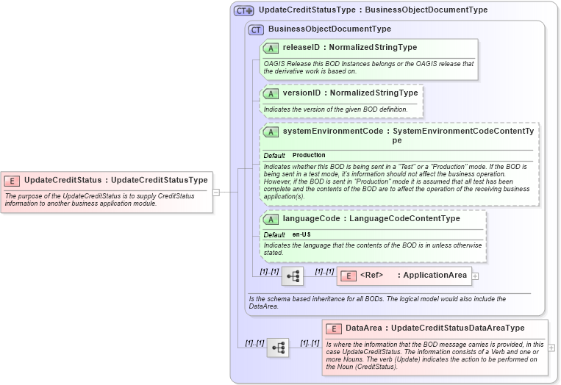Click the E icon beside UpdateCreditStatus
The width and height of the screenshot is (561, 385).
coord(12,180)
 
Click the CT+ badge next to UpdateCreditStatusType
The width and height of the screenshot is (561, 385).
coord(244,11)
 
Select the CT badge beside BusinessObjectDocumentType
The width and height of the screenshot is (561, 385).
coord(256,29)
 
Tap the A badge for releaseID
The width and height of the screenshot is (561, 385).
coord(271,48)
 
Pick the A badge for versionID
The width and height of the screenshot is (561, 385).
coord(271,93)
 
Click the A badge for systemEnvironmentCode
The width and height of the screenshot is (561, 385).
coord(271,132)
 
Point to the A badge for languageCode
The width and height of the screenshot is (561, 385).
coord(271,219)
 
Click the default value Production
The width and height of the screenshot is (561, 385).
coord(309,156)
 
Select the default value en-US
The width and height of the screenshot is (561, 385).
coord(301,234)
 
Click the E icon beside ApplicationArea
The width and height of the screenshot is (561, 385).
coord(347,276)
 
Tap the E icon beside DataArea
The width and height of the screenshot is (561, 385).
coord(334,328)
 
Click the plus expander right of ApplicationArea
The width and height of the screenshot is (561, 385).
coord(475,276)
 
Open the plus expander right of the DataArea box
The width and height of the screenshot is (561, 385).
coord(551,348)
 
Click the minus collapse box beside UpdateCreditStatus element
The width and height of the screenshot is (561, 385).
coord(216,192)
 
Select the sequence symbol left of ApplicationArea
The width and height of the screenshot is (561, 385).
coord(293,276)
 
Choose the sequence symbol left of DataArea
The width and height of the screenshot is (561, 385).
coord(278,348)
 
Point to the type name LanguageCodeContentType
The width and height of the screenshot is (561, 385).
coord(404,219)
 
